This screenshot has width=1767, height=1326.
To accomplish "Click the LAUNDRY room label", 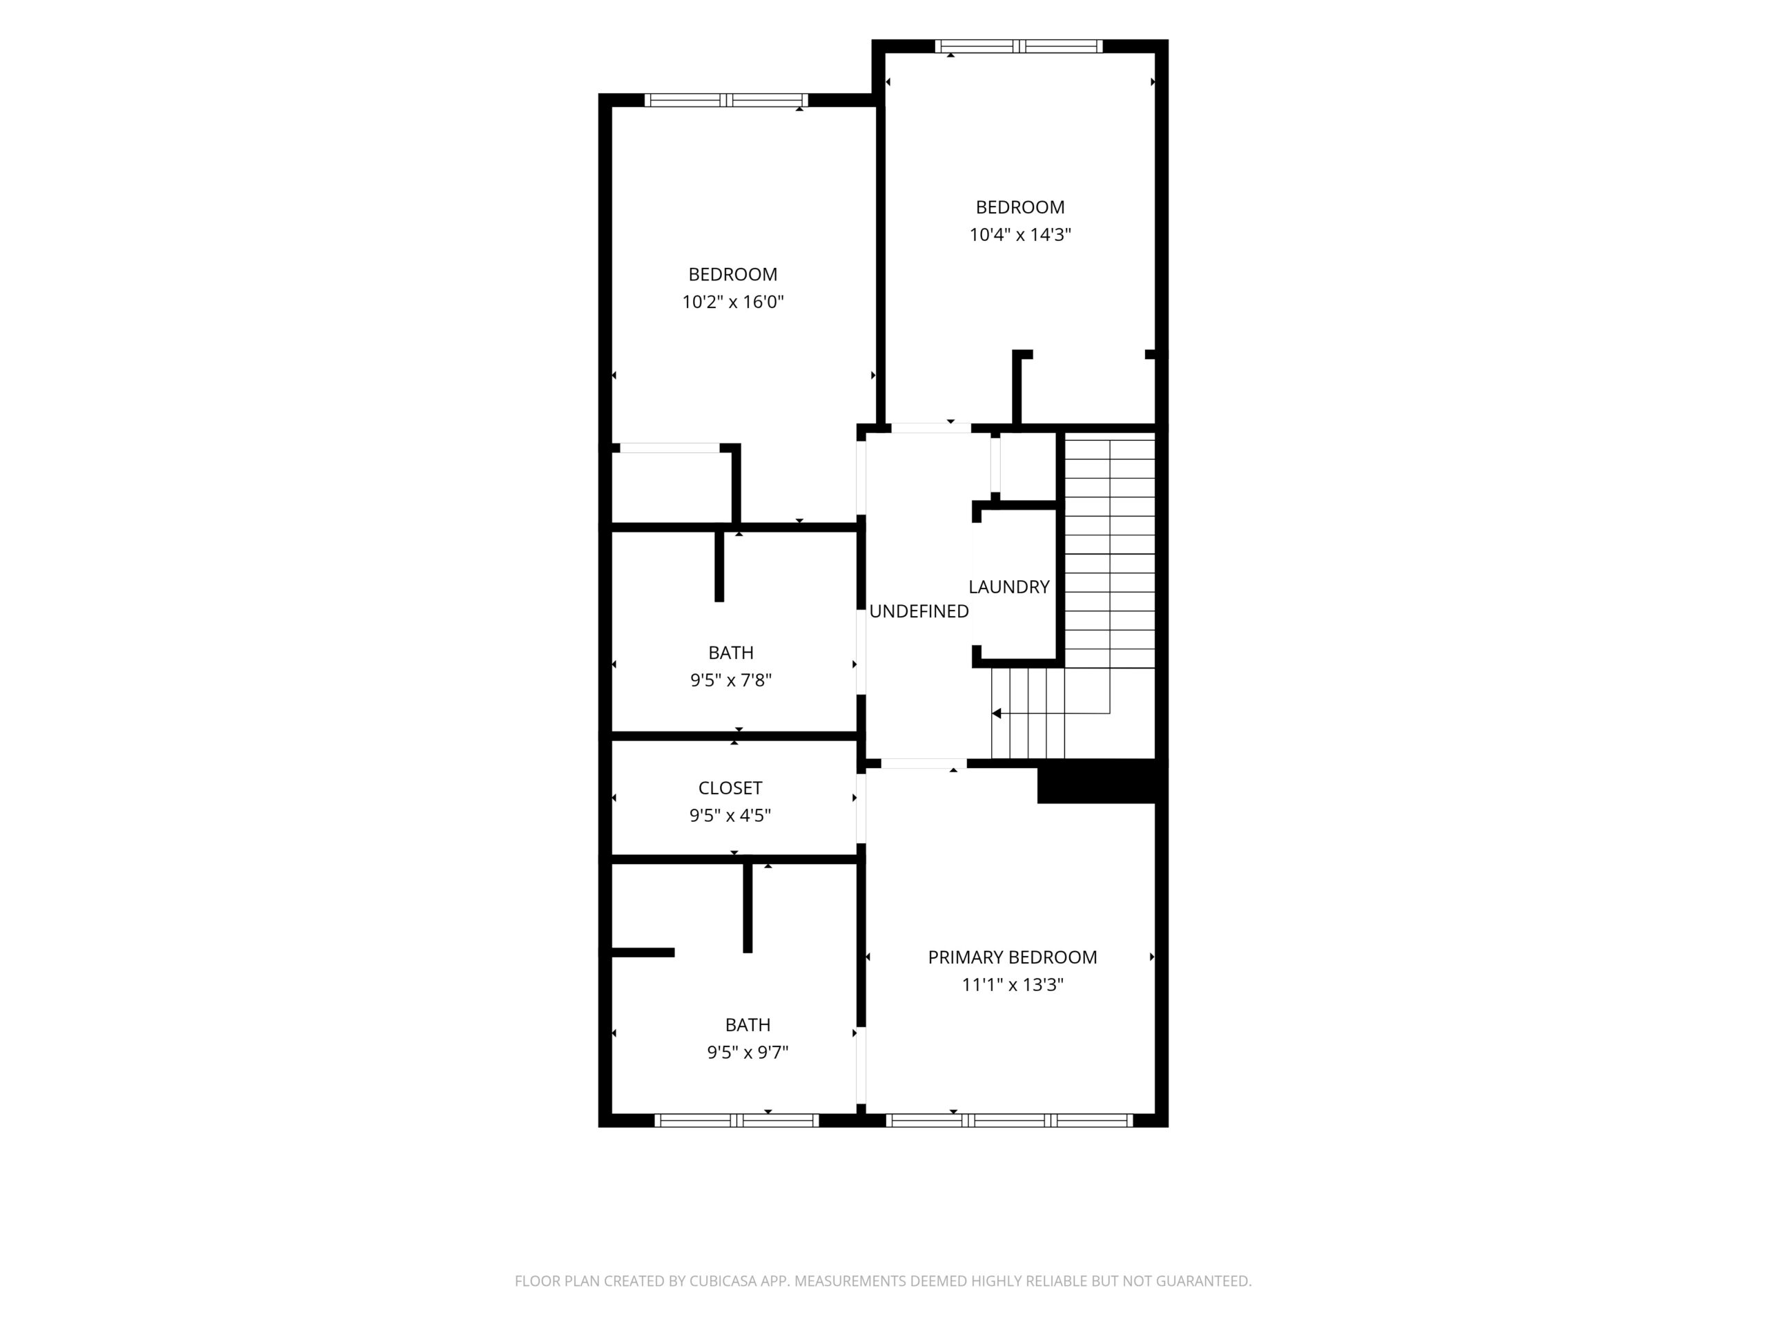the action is pyautogui.click(x=1009, y=586).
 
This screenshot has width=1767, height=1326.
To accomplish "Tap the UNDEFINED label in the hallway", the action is pyautogui.click(x=919, y=611).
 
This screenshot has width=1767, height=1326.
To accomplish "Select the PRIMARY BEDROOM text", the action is pyautogui.click(x=1012, y=957).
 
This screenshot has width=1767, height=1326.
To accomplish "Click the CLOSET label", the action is pyautogui.click(x=730, y=788).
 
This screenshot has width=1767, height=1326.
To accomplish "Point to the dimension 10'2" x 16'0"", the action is pyautogui.click(x=732, y=302).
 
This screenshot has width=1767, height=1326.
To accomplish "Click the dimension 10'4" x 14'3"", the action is pyautogui.click(x=1020, y=235).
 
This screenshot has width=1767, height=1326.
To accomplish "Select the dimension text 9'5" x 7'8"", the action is pyautogui.click(x=731, y=680).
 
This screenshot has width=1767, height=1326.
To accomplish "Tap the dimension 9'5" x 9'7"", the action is pyautogui.click(x=748, y=1053).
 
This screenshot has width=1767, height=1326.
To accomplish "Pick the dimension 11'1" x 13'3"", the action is pyautogui.click(x=1012, y=985).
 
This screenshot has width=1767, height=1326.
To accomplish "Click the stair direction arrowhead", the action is pyautogui.click(x=996, y=713).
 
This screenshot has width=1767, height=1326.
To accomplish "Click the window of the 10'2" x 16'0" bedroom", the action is pyautogui.click(x=726, y=100).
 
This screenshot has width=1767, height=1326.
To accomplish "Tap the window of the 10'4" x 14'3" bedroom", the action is pyautogui.click(x=1019, y=46).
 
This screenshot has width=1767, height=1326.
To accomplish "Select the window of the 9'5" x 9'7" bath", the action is pyautogui.click(x=736, y=1121).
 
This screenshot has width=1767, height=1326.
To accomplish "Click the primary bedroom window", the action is pyautogui.click(x=1010, y=1121).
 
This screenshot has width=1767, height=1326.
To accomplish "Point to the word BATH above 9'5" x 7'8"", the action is pyautogui.click(x=731, y=653).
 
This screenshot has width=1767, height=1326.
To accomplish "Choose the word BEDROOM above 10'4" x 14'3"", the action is pyautogui.click(x=1020, y=207).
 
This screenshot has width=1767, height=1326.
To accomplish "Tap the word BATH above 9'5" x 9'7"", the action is pyautogui.click(x=748, y=1025).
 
